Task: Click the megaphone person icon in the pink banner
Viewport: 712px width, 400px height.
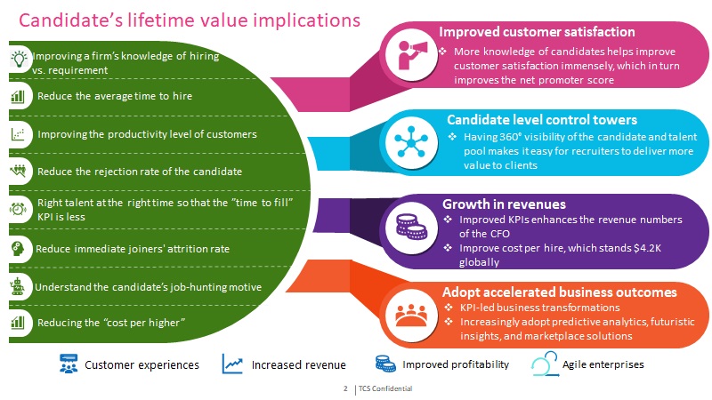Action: coord(412,54)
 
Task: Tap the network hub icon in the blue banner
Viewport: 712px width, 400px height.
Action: coord(411,142)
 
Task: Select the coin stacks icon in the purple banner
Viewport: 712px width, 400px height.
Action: coord(411,227)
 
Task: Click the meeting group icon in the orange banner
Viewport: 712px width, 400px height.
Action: coord(411,315)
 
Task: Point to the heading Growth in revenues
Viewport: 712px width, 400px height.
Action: coord(504,204)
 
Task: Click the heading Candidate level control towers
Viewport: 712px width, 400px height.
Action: coord(542,119)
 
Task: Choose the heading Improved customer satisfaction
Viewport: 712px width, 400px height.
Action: coord(537,32)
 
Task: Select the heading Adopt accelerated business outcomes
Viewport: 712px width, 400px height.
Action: coord(560,292)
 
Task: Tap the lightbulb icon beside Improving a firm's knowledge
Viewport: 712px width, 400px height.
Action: coord(19,59)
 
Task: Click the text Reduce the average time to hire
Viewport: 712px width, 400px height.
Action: coord(115,96)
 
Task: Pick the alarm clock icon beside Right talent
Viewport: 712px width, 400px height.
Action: coord(18,209)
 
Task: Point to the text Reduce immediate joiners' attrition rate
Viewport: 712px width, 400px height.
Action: coord(133,249)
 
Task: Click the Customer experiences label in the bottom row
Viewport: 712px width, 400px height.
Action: coord(142,364)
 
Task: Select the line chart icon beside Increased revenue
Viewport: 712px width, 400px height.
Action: coord(232,364)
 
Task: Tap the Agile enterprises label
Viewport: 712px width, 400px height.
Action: coord(603,364)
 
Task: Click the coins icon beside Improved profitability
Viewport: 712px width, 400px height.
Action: coord(385,364)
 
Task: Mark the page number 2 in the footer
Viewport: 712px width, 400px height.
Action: coord(345,388)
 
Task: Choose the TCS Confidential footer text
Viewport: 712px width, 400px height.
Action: coord(385,388)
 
